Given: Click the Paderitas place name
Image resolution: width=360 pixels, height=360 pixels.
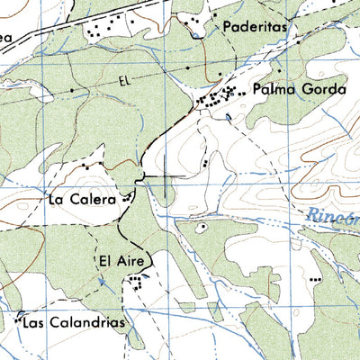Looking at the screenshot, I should point(256,28).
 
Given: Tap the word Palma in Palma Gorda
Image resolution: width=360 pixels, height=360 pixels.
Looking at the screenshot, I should point(271,90).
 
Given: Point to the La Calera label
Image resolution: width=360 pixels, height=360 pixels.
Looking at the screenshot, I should point(81,200).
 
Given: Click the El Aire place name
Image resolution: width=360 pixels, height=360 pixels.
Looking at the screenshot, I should point(117,262).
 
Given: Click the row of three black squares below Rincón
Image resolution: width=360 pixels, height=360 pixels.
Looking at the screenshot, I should point(316,280).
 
